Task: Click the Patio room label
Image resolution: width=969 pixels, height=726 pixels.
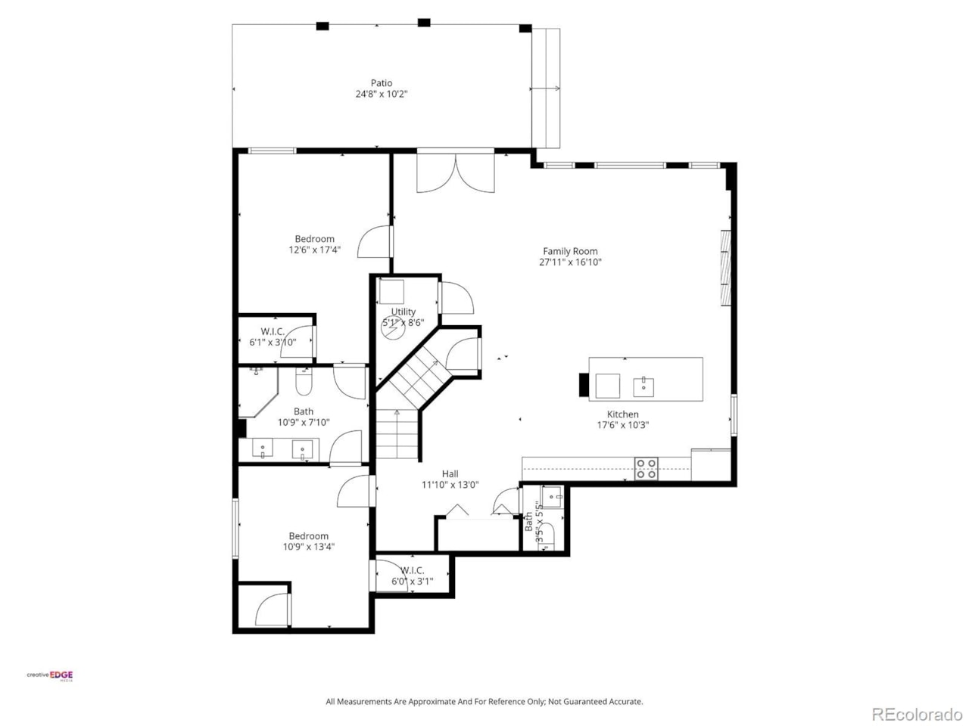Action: point(382,83)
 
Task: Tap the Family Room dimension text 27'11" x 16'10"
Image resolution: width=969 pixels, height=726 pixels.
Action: point(569,262)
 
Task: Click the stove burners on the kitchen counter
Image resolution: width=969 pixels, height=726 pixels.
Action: point(646,469)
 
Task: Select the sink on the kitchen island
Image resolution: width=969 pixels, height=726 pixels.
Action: point(643,386)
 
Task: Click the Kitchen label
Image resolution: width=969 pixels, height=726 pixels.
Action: point(622,414)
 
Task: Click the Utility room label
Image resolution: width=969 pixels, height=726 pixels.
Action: point(403,312)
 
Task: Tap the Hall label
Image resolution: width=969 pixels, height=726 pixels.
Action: point(450,474)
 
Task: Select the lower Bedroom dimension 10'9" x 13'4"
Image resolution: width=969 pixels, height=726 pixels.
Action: point(309,547)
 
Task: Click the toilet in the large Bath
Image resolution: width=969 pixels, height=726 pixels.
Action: point(303,383)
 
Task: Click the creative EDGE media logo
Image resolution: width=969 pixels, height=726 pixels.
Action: point(51,676)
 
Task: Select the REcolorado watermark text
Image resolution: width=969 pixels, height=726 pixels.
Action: point(916,713)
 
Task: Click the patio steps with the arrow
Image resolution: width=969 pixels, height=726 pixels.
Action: point(546,88)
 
